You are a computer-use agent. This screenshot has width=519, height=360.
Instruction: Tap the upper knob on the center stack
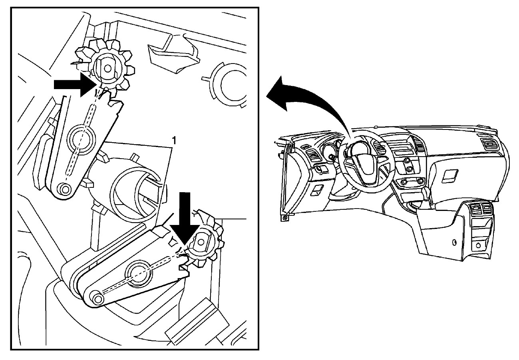(x=407, y=160)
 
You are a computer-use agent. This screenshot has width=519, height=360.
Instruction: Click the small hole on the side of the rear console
(x=455, y=242)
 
